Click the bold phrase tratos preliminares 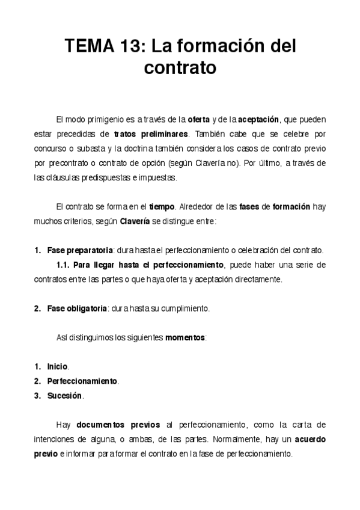(x=151, y=134)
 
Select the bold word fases (x=250, y=206)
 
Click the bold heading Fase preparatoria (x=80, y=250)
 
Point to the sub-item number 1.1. (x=64, y=265)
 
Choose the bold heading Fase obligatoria (x=77, y=309)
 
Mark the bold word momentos (x=185, y=337)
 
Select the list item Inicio (x=58, y=366)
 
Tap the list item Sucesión (x=64, y=396)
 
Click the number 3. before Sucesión (x=38, y=396)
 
